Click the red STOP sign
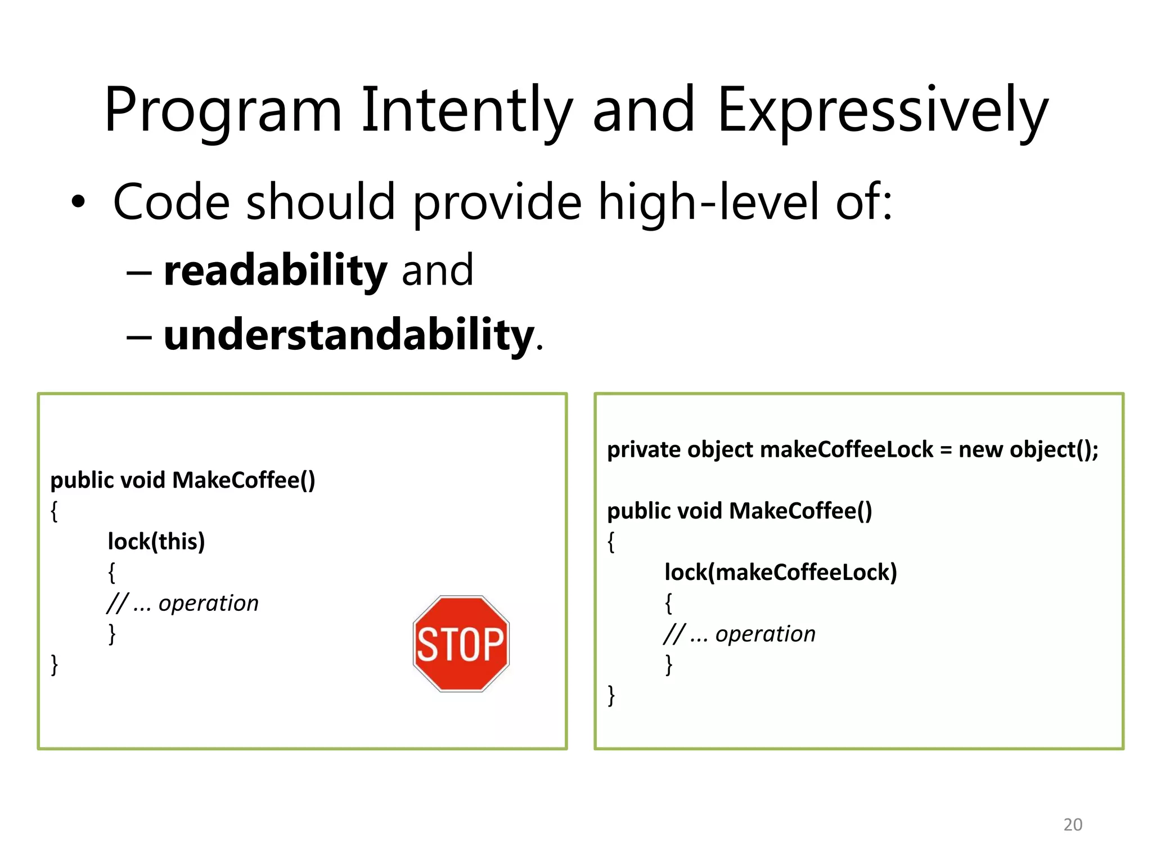[461, 643]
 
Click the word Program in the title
[223, 110]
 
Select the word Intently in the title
[466, 110]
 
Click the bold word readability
[275, 271]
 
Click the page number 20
[1072, 824]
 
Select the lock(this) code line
[156, 542]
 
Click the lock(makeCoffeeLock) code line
[780, 573]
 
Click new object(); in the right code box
[1028, 450]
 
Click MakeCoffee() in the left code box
[244, 480]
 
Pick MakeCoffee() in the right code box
[800, 511]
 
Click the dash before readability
[139, 273]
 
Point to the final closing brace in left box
[55, 665]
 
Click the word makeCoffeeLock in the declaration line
[846, 450]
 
